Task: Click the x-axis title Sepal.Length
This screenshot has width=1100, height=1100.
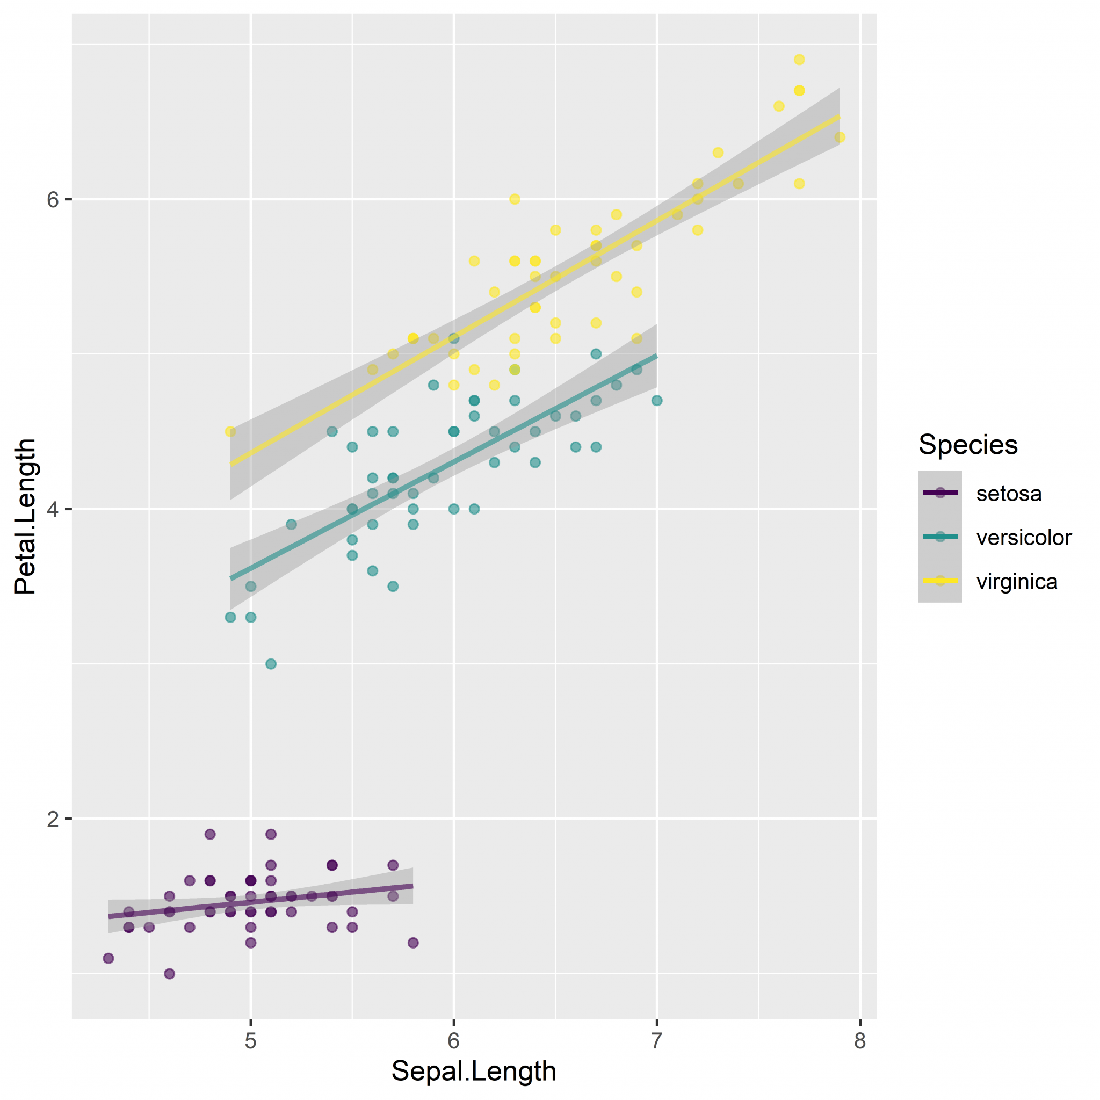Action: coord(474,1071)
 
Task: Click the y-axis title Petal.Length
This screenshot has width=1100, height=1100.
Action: coord(25,517)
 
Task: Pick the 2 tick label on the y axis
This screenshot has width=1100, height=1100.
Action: coord(53,819)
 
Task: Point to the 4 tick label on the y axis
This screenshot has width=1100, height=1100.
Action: coord(53,509)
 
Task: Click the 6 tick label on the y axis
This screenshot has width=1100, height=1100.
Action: coord(53,199)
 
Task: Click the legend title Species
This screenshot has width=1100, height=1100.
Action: coord(968,445)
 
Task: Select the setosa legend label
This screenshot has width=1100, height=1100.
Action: coord(1009,494)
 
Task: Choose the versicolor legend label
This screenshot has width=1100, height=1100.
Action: coord(1024,538)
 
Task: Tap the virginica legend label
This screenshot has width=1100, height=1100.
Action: coord(1017,581)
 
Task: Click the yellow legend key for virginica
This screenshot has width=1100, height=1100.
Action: coord(940,581)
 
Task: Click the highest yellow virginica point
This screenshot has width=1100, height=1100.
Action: coord(799,60)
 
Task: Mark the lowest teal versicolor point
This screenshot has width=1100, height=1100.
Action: coord(271,664)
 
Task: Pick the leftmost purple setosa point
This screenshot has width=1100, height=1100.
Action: coord(108,958)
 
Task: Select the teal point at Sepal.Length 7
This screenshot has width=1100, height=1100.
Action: coord(656,401)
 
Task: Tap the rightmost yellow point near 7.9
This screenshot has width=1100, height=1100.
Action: coord(840,137)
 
